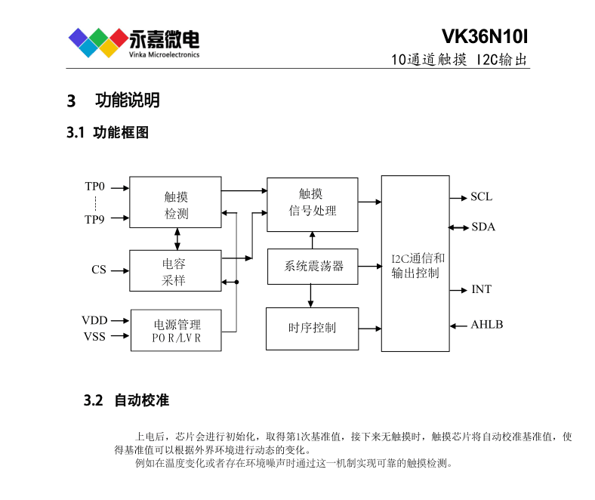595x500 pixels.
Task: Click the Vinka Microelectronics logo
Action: (x=134, y=42)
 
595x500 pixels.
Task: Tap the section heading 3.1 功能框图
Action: (x=107, y=133)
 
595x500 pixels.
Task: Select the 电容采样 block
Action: (x=175, y=270)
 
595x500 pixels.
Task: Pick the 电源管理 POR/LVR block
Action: (x=176, y=330)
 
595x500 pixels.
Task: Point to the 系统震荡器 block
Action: (x=313, y=266)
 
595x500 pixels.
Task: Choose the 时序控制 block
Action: (x=312, y=328)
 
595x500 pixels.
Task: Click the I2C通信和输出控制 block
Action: (x=415, y=264)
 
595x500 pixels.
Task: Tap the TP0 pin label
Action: (x=95, y=186)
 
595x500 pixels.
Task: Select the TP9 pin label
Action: (x=95, y=220)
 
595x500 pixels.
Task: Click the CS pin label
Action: (x=99, y=270)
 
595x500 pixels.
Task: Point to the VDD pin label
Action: (x=95, y=320)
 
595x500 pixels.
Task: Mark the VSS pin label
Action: (x=95, y=336)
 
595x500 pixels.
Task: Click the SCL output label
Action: (x=481, y=197)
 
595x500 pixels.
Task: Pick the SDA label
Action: (x=483, y=227)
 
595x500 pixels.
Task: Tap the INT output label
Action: (x=481, y=289)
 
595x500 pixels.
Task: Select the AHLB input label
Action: (x=487, y=325)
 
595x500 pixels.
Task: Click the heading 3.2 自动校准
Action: (x=126, y=400)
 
